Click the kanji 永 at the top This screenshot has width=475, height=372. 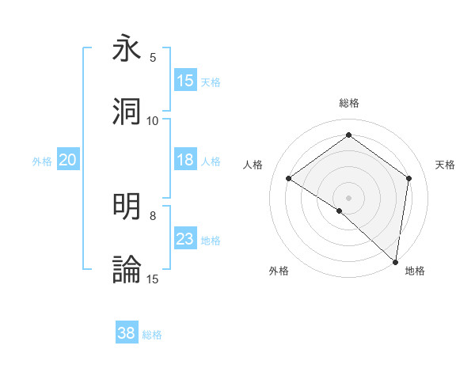[x=127, y=49]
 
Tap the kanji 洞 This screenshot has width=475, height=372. [x=127, y=112]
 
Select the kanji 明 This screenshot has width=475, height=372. [x=127, y=207]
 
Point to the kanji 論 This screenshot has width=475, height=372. [x=127, y=270]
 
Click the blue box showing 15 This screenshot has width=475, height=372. [x=185, y=81]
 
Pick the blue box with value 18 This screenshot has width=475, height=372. [x=185, y=160]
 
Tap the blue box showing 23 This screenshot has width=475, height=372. [x=185, y=239]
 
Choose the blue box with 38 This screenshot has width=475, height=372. [x=127, y=333]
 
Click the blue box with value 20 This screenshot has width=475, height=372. [x=67, y=160]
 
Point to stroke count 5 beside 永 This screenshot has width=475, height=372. [x=153, y=58]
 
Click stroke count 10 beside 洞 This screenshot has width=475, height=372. [x=153, y=121]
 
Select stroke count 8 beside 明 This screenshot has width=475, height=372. [x=153, y=215]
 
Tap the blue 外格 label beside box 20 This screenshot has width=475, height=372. [x=42, y=161]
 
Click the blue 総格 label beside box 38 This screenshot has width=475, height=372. [x=152, y=334]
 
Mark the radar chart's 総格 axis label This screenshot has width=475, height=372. [x=348, y=104]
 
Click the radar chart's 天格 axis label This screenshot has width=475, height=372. [x=445, y=165]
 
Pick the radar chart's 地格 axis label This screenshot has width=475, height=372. [x=415, y=271]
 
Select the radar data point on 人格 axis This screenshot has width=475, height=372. [x=289, y=179]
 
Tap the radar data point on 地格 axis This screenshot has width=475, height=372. [x=396, y=262]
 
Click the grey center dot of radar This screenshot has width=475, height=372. [x=348, y=197]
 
